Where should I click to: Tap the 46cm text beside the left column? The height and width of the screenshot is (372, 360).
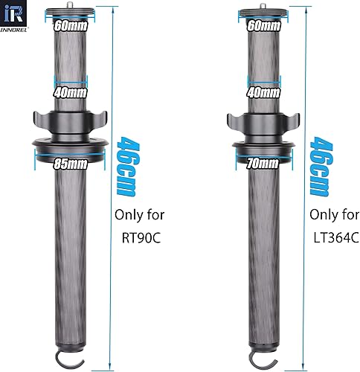126,168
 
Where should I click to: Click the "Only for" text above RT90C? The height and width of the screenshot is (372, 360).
139,216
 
